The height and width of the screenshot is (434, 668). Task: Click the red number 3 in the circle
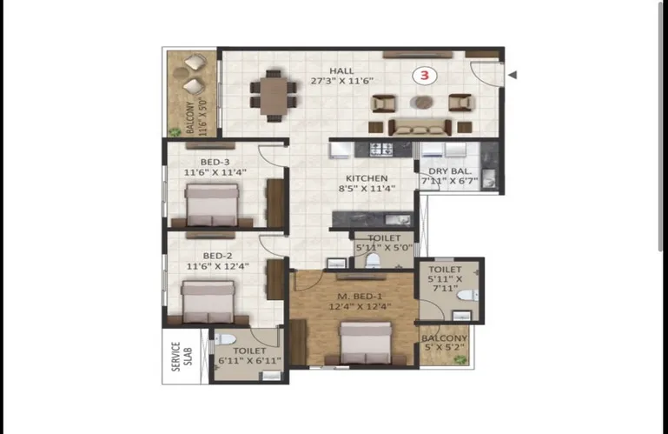424,76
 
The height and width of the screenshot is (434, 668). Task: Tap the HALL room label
341,70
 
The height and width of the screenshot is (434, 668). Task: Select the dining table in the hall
274,96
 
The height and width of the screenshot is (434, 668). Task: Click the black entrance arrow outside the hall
513,75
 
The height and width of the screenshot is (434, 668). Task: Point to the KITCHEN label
367,178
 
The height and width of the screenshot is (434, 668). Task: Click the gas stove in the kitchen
380,149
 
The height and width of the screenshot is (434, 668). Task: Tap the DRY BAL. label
449,171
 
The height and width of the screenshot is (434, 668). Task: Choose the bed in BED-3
212,205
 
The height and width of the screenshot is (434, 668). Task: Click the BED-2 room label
217,256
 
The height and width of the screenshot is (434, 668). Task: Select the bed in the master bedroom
366,344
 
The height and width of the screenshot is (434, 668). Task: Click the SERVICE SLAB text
182,357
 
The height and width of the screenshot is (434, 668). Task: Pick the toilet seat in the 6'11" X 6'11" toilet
224,340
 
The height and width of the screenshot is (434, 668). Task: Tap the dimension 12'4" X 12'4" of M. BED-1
360,306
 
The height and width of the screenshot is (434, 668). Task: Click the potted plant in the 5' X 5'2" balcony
460,360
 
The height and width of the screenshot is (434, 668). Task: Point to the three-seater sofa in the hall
420,127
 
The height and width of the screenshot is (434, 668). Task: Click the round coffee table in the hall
422,102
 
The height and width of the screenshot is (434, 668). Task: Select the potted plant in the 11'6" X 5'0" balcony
175,132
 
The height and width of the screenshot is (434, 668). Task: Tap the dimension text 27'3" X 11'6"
342,81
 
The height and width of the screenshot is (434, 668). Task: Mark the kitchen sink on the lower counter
398,220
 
